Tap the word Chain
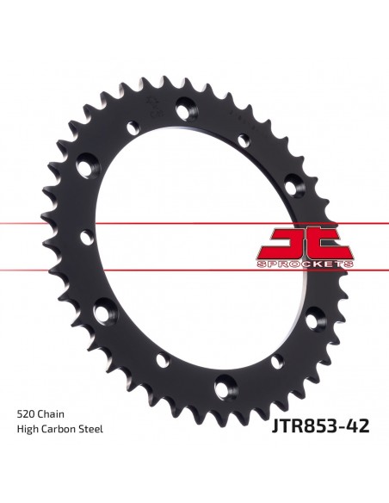(x=51, y=413)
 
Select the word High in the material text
(x=27, y=429)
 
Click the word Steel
(x=90, y=429)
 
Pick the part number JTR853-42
(x=320, y=426)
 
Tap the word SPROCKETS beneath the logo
(x=305, y=264)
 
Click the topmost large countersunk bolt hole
(x=187, y=108)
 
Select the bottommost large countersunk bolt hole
(x=225, y=388)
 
